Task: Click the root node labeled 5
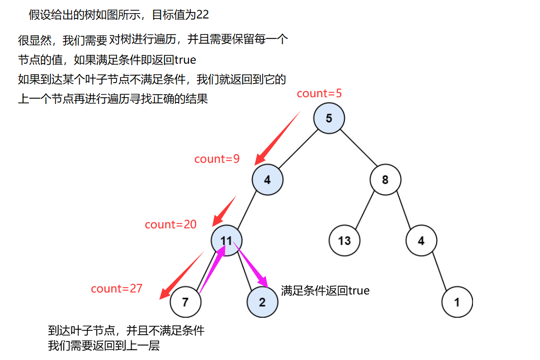point(329,118)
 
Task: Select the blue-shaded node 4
point(267,180)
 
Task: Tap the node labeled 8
point(385,180)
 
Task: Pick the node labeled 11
point(226,240)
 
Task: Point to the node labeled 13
point(344,240)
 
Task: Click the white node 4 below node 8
point(421,240)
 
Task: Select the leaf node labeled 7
point(185,302)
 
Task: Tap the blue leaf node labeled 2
point(262,302)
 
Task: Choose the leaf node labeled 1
point(457,302)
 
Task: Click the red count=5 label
point(319,94)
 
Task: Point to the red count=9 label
point(217,159)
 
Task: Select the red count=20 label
point(170,224)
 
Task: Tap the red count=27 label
point(117,289)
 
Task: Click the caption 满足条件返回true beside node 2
point(325,291)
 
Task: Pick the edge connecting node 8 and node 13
point(365,210)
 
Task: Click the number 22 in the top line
point(202,15)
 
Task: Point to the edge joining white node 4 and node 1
point(439,271)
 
